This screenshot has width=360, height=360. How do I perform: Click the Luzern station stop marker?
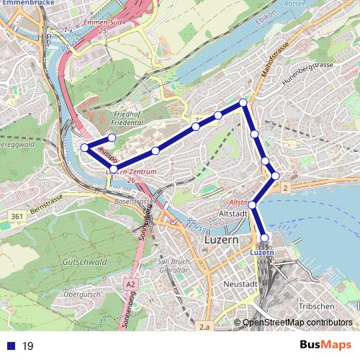pyautogui.click(x=264, y=238)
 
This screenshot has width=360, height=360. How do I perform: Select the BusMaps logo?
pyautogui.click(x=325, y=346)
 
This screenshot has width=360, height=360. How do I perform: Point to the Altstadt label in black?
pyautogui.click(x=233, y=214)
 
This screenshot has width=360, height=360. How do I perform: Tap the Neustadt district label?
pyautogui.click(x=240, y=285)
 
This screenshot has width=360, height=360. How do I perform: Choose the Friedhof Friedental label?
pyautogui.click(x=135, y=119)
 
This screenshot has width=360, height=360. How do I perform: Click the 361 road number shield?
pyautogui.click(x=16, y=215)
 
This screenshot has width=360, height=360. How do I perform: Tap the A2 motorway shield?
pyautogui.click(x=130, y=284)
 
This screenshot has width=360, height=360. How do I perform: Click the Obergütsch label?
pyautogui.click(x=81, y=294)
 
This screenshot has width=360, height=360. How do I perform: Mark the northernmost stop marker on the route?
pyautogui.click(x=243, y=103)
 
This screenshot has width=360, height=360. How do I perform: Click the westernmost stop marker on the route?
pyautogui.click(x=85, y=148)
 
